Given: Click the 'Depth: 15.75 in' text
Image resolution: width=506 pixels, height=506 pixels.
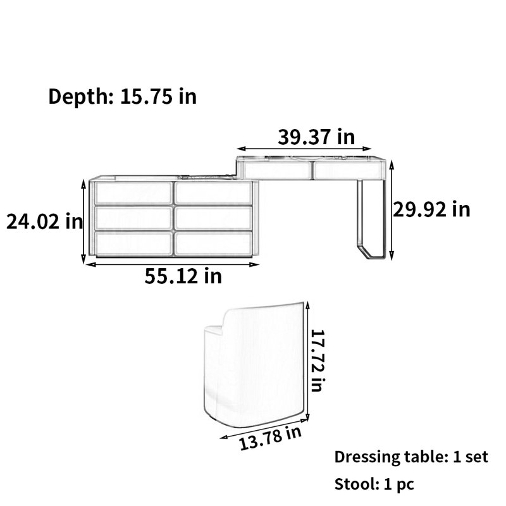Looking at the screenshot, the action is click(122, 96).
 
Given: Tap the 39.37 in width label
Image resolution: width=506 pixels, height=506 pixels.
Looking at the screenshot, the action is click(316, 137).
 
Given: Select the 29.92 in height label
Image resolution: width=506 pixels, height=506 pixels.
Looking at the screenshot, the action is click(431, 209).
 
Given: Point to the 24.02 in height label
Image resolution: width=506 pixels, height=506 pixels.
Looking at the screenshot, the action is click(44, 221).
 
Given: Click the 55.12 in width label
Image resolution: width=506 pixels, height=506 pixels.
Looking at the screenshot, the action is click(183, 276).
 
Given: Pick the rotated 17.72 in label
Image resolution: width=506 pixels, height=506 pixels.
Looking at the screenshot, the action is click(317, 361).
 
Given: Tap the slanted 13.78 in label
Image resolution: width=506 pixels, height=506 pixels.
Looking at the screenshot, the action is click(270, 438).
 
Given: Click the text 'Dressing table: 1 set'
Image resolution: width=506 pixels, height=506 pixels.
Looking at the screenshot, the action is click(411, 457).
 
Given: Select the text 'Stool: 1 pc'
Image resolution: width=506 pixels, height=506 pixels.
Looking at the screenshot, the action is click(374, 484).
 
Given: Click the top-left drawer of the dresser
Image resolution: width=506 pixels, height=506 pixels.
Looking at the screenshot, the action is click(133, 193).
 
